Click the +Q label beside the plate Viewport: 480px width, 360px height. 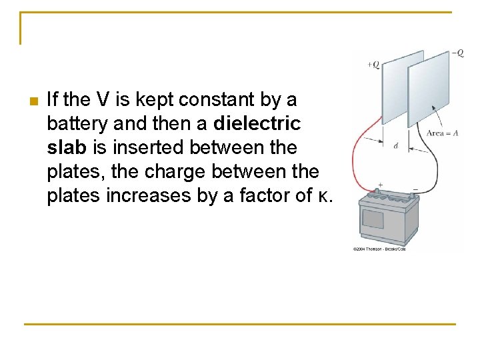click(373, 65)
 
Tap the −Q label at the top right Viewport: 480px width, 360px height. click(457, 53)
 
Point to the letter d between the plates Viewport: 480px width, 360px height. click(396, 145)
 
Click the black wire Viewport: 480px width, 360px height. click(437, 170)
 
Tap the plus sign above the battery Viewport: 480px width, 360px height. click(380, 184)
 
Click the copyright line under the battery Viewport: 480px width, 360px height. click(379, 249)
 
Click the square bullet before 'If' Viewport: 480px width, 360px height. click(31, 101)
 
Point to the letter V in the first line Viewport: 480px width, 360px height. click(103, 101)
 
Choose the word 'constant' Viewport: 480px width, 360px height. click(216, 101)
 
